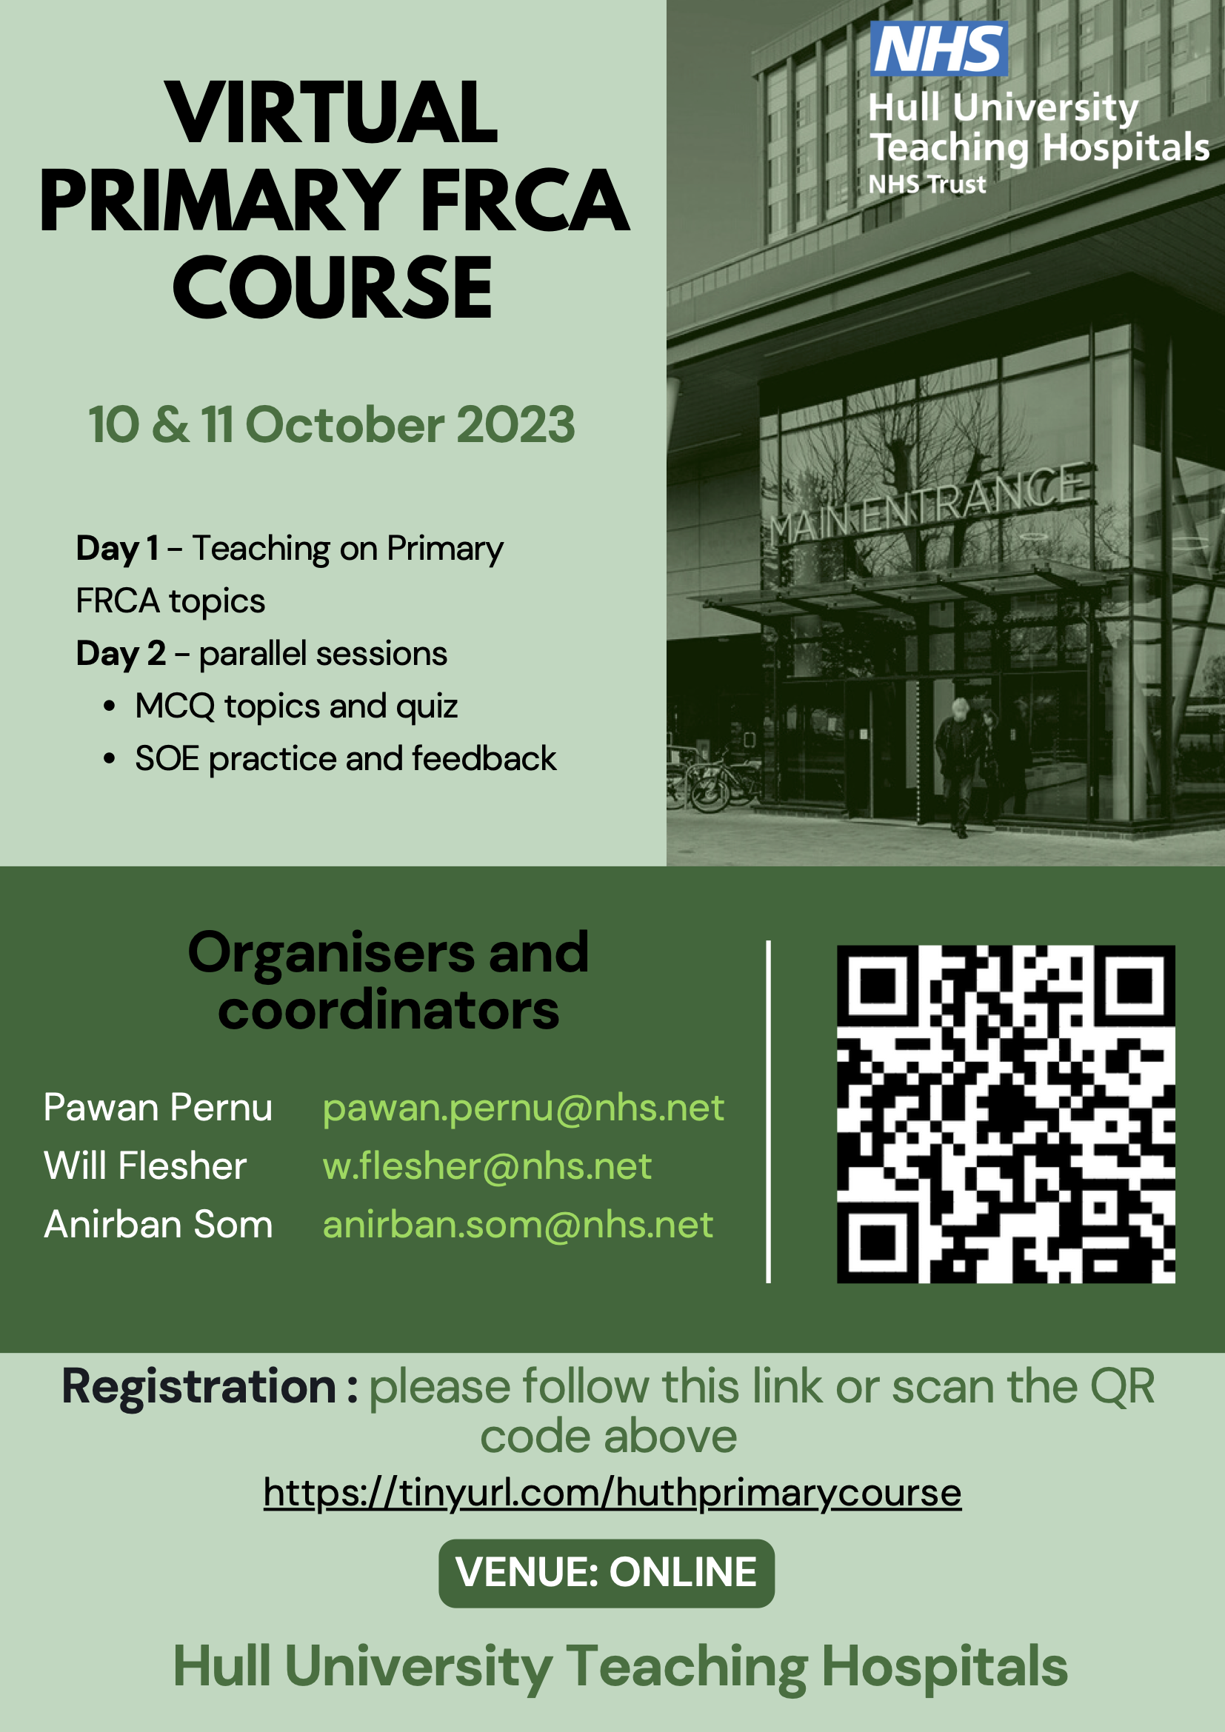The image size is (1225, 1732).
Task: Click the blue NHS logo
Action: click(x=938, y=48)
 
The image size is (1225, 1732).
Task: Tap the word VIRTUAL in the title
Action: click(x=332, y=113)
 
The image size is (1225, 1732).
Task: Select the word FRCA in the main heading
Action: click(x=524, y=201)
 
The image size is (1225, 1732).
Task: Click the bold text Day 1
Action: click(x=118, y=549)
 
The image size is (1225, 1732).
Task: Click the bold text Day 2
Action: click(x=121, y=653)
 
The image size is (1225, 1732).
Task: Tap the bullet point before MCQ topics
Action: click(x=110, y=707)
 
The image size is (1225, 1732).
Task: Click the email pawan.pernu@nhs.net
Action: click(x=524, y=1109)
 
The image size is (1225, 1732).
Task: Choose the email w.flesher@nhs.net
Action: click(x=487, y=1166)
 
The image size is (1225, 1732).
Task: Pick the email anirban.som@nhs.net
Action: click(x=518, y=1224)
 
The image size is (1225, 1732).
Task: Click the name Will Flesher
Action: click(x=146, y=1166)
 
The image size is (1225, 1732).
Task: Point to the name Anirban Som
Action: click(x=158, y=1224)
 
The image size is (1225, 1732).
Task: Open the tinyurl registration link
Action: click(x=612, y=1493)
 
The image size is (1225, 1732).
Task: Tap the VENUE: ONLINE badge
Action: click(x=607, y=1573)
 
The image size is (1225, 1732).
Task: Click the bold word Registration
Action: click(x=199, y=1386)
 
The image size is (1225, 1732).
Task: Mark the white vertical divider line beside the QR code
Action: click(x=769, y=1112)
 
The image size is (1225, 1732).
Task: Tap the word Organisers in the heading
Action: click(x=331, y=953)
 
